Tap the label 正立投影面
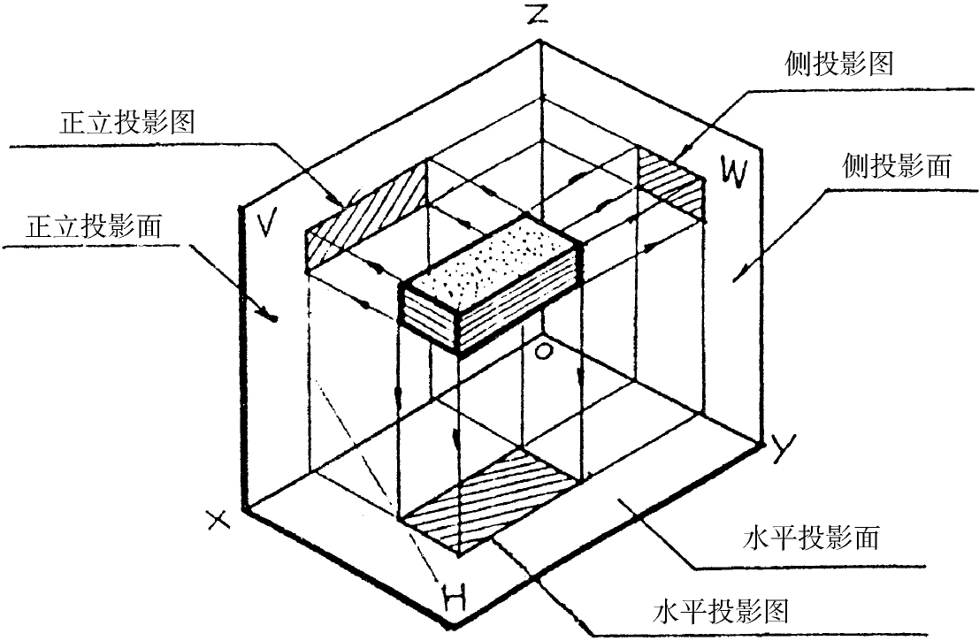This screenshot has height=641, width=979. coord(95,226)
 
